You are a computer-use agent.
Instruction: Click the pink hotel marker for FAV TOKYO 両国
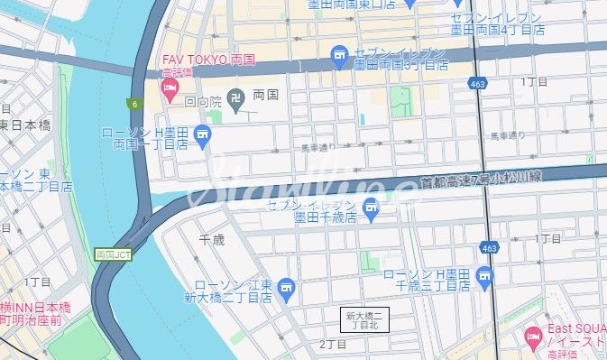click(169, 88)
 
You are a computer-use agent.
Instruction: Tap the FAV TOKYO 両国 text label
click(208, 60)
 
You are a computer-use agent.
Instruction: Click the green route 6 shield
click(133, 105)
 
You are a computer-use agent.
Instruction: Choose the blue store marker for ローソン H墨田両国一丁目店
click(202, 138)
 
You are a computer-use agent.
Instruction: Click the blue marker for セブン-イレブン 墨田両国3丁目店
click(339, 57)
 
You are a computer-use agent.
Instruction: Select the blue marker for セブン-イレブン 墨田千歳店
click(370, 211)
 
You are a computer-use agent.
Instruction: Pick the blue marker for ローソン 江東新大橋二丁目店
click(287, 289)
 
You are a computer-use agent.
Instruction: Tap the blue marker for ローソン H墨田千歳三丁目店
click(487, 275)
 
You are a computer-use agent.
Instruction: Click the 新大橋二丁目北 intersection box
click(366, 319)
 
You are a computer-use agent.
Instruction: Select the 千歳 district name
click(211, 239)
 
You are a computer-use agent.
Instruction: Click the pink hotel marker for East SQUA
click(531, 340)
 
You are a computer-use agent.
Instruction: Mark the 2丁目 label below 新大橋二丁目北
click(333, 345)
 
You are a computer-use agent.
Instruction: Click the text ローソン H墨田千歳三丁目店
click(428, 280)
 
